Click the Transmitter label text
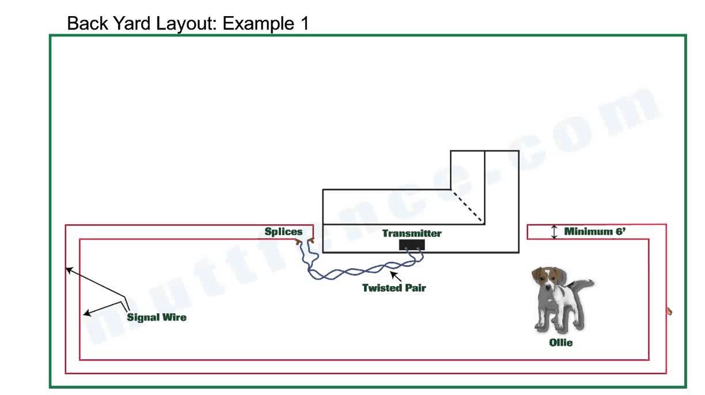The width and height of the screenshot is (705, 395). [x=411, y=234]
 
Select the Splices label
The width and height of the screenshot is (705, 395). [x=283, y=232]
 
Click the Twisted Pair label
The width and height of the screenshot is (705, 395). [x=393, y=288]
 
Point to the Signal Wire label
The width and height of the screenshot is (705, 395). [x=157, y=317]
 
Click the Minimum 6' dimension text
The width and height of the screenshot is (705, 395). [x=595, y=232]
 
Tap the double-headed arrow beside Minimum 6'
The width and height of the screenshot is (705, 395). [x=554, y=232]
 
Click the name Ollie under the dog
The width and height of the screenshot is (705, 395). [x=560, y=343]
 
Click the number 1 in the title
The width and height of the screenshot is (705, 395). [x=304, y=24]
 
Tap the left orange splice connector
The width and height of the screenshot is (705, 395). [x=298, y=242]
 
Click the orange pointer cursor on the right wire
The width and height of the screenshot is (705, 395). [x=669, y=311]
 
